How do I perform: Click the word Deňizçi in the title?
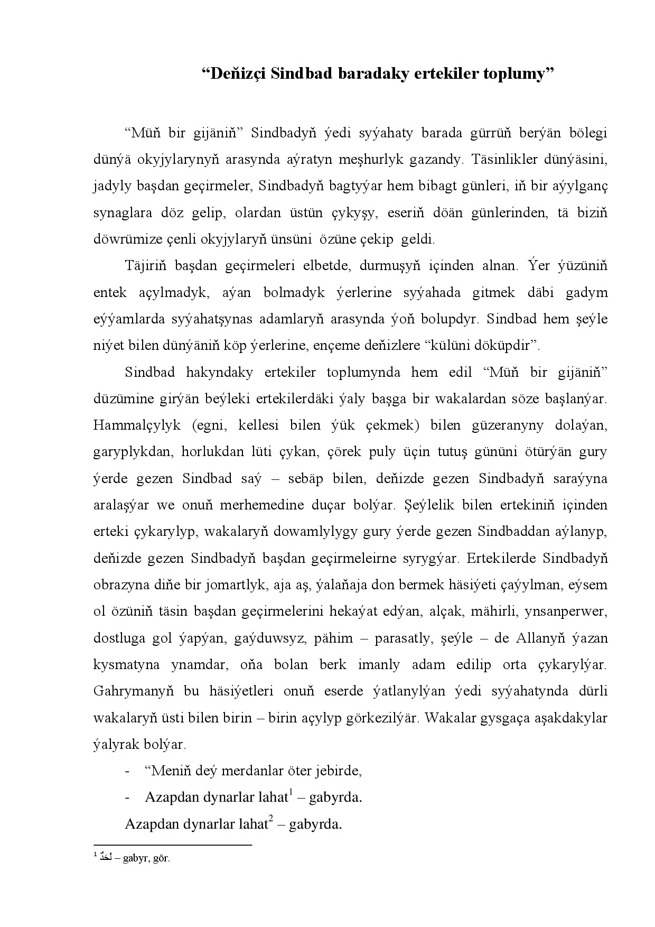237,74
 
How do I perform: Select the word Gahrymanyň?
133,691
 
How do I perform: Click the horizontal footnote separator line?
172,845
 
